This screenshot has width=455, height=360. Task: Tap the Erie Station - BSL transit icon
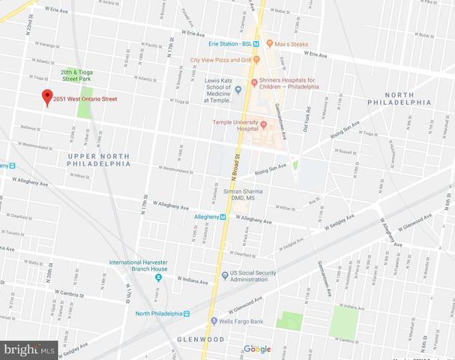click(256, 43)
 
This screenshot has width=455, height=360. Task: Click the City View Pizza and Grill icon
click(257, 60)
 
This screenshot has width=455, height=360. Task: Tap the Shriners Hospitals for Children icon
click(254, 82)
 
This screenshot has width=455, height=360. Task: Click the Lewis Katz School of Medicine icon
click(238, 89)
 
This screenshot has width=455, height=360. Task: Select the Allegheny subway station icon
click(223, 217)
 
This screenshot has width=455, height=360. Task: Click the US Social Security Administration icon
click(223, 274)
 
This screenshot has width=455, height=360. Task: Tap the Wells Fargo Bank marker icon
click(213, 322)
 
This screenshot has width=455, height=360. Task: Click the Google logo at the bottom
click(257, 349)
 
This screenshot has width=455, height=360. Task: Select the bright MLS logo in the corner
click(28, 349)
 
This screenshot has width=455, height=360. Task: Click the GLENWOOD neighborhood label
click(202, 340)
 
